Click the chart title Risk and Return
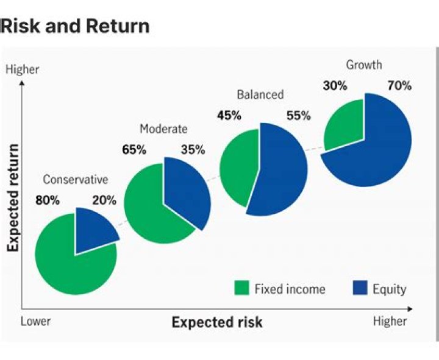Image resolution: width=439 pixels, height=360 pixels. [x=76, y=26]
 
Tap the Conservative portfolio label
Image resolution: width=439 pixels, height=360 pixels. [x=75, y=180]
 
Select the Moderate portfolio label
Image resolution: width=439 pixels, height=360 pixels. [x=163, y=129]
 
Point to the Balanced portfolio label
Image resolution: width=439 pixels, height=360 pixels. [x=260, y=95]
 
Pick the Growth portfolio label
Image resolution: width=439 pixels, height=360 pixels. [x=364, y=65]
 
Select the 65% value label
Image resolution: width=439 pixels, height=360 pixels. [x=134, y=150]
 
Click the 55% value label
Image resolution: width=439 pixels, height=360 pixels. [x=298, y=115]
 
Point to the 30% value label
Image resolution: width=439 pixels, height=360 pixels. [x=335, y=86]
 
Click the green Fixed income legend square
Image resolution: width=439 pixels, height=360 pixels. [x=242, y=288]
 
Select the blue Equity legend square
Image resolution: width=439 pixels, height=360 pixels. [x=360, y=288]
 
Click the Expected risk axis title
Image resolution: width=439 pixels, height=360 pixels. [x=217, y=322]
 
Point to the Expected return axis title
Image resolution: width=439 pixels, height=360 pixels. [x=13, y=198]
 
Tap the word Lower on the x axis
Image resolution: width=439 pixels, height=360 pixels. [x=36, y=322]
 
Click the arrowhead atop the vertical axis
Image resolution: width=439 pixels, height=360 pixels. [x=22, y=83]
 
